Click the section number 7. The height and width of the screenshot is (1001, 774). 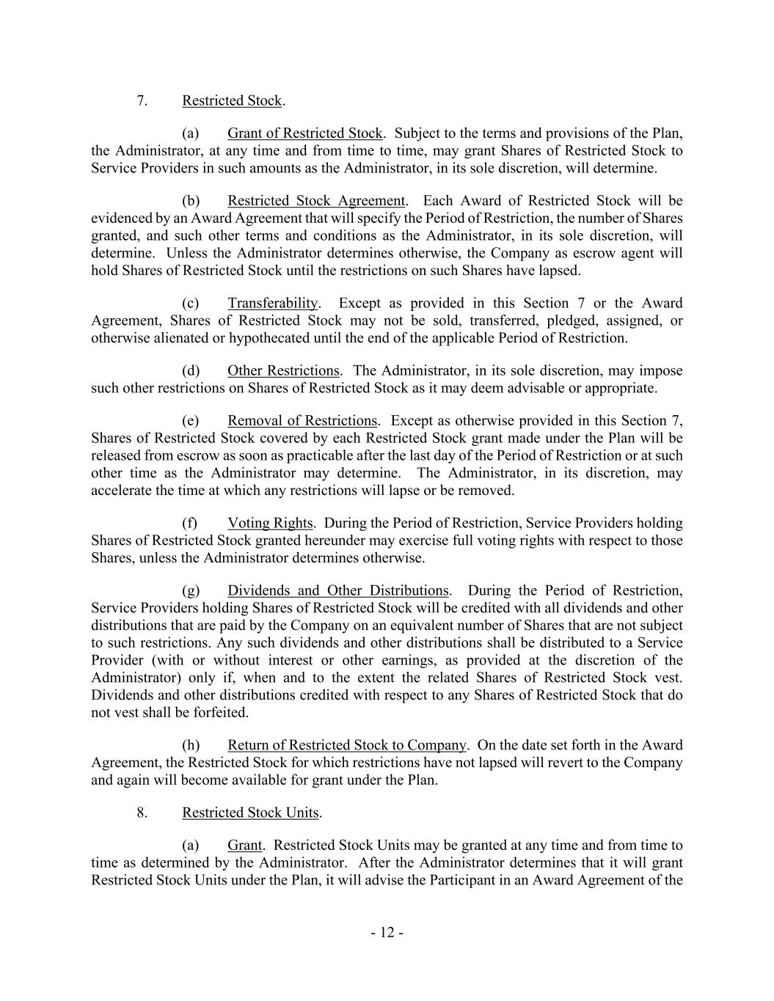[x=142, y=100]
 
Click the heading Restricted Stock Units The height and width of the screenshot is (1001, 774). [x=250, y=813]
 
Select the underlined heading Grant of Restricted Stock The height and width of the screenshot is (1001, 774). [x=304, y=133]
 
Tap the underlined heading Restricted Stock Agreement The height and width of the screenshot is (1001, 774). [x=315, y=201]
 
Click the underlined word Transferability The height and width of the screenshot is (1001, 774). [x=272, y=304]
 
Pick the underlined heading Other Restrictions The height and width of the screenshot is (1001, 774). [x=283, y=371]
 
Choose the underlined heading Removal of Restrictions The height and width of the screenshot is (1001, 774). [x=302, y=421]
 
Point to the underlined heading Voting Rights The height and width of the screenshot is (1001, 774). [x=270, y=524]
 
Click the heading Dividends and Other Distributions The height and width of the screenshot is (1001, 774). [x=337, y=591]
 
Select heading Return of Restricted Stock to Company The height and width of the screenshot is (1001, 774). [x=346, y=745]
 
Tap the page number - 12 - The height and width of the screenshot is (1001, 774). [x=387, y=933]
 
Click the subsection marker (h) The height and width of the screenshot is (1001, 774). [x=191, y=745]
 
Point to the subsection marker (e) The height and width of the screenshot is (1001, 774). [x=191, y=421]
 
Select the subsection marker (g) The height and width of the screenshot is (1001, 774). [x=191, y=591]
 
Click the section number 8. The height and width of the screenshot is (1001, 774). [x=142, y=813]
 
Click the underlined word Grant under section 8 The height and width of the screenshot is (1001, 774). [x=244, y=845]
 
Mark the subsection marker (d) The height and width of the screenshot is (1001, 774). [x=191, y=371]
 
